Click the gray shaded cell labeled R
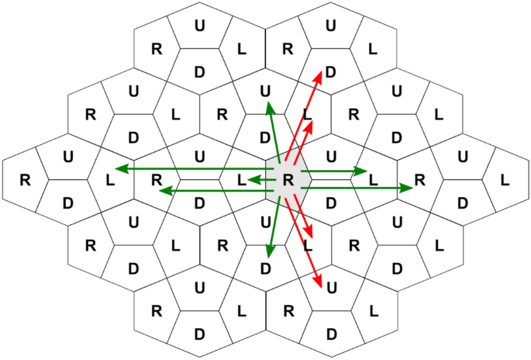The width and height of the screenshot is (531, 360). [288, 180]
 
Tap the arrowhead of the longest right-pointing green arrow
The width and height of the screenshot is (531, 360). [409, 187]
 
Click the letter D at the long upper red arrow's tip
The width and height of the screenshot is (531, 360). [331, 72]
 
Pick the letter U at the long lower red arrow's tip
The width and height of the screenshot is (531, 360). [332, 289]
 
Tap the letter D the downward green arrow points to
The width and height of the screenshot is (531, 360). [266, 269]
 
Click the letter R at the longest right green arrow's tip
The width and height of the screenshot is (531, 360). [420, 180]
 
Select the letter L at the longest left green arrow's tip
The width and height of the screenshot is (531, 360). [109, 180]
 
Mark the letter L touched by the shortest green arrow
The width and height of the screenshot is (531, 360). [242, 180]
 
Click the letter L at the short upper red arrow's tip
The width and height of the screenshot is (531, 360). [307, 114]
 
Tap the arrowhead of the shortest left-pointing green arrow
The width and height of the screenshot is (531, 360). [250, 180]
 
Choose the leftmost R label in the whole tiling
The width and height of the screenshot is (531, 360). [24, 180]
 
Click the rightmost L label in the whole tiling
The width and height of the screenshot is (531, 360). [505, 180]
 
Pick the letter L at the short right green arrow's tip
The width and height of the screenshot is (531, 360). [374, 180]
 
